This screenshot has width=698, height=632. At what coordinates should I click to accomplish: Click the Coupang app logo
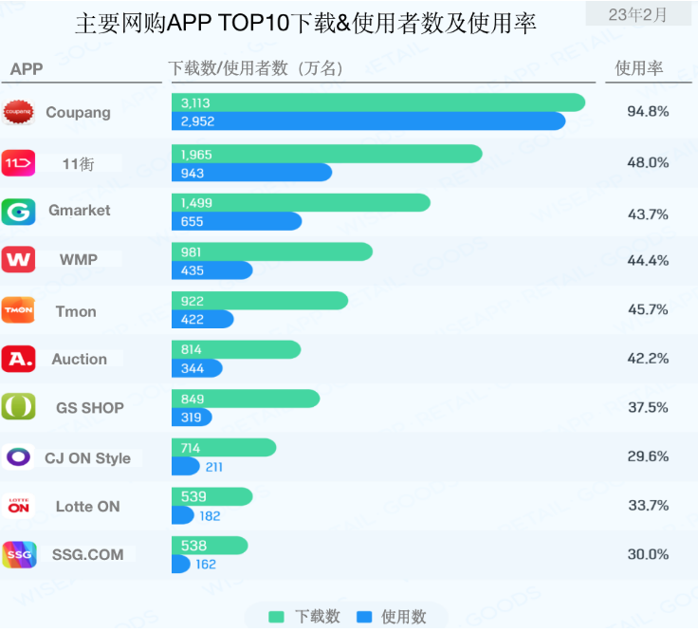[18, 112]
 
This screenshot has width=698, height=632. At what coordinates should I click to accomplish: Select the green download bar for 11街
[326, 154]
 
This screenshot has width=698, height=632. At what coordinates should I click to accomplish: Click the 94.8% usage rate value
[648, 112]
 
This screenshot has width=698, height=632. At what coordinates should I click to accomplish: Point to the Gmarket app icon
[18, 211]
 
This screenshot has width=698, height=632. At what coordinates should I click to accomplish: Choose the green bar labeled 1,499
[301, 203]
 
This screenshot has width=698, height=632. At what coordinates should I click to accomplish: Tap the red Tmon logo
[18, 309]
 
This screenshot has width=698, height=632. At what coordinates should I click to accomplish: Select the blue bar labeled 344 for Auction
[196, 368]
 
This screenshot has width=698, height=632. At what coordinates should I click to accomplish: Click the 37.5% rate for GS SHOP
[648, 407]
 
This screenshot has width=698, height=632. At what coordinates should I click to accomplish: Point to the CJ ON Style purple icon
[18, 457]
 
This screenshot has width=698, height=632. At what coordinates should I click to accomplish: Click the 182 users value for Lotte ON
[210, 515]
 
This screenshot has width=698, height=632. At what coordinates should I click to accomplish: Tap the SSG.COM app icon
[18, 555]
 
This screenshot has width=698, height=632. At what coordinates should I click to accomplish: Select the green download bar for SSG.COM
[210, 546]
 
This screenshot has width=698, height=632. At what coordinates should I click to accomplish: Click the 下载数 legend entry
[304, 617]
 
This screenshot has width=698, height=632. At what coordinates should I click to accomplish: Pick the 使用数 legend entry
[392, 617]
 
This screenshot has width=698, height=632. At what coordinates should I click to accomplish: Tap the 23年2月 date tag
[637, 14]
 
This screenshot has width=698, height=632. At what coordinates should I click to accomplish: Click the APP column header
[28, 69]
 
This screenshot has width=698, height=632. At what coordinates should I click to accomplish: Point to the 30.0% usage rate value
[648, 554]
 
